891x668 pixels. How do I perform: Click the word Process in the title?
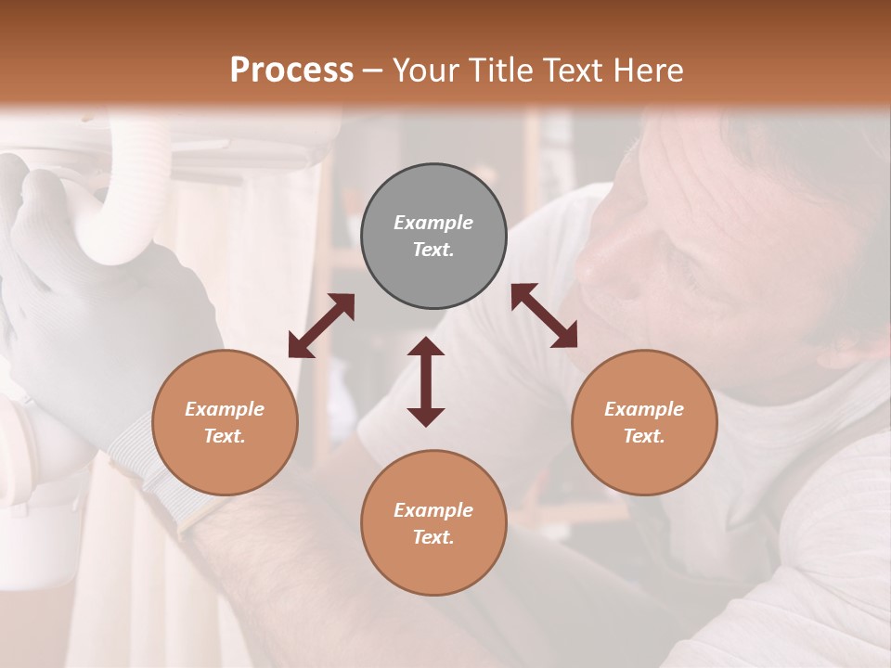pos(291,71)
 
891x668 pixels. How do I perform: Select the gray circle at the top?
pos(433,236)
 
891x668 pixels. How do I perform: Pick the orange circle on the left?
pos(225,422)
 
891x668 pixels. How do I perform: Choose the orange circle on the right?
pos(644,422)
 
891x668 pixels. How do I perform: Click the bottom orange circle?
pos(433,523)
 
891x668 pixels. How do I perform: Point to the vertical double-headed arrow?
pos(426,381)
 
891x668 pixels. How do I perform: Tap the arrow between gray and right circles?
pos(544,315)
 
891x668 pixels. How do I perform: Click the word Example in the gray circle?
pos(433,223)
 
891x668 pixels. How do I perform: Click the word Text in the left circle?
pos(225,436)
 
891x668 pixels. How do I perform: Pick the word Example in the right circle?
pos(644,409)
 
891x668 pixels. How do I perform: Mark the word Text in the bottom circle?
pos(433,537)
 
